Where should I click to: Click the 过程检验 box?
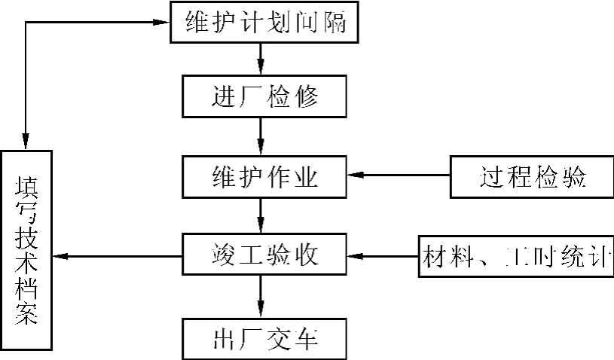[x=532, y=175]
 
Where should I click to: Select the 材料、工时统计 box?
[x=517, y=256]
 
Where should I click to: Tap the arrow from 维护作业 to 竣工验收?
[x=261, y=216]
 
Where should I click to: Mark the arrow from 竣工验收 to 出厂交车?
[x=261, y=297]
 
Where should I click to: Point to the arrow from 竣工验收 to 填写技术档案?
[x=117, y=257]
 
